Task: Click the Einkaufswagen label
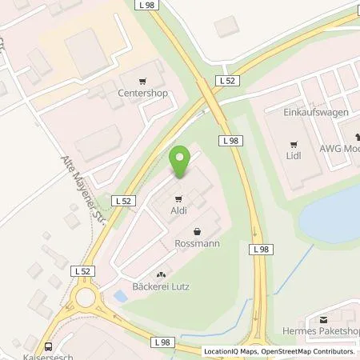point(315,112)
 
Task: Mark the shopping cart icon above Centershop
point(142,81)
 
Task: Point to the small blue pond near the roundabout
point(120,296)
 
